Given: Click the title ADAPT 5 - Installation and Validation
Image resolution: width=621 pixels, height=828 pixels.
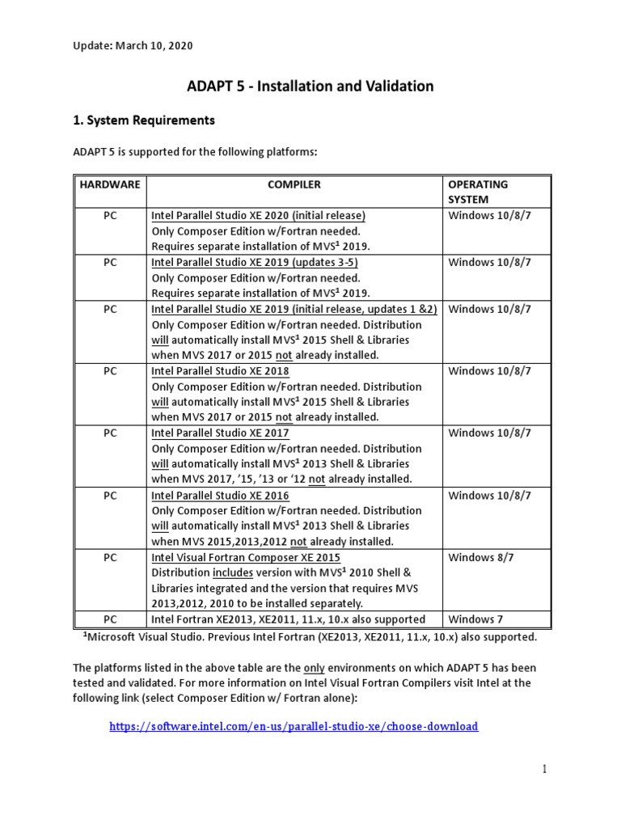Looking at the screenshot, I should tap(310, 86).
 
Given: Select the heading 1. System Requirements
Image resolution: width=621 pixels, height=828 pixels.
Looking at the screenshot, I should tap(144, 120).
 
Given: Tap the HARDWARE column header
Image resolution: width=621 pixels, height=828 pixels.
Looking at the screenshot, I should tap(110, 184).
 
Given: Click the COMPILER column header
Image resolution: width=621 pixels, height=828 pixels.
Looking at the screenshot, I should tap(294, 184).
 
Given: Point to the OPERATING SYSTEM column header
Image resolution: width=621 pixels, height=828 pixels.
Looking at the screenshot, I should tap(478, 192).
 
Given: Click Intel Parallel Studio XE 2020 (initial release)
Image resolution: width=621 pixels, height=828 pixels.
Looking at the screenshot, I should tap(259, 216).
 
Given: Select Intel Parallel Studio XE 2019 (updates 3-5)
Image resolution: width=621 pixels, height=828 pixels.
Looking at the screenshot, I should tap(255, 263).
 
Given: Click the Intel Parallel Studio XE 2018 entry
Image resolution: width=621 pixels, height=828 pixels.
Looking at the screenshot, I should tap(220, 371).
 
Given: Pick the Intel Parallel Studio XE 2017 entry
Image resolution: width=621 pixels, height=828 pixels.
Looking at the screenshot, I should tap(220, 433).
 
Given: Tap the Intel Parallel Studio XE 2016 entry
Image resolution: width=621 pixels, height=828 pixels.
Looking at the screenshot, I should tap(220, 496).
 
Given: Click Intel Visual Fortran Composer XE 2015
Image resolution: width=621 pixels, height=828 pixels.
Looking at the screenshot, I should tap(246, 558).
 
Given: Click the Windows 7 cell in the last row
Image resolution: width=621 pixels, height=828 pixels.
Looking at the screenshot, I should tap(475, 619).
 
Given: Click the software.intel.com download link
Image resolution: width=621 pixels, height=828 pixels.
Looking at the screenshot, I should tap(294, 726).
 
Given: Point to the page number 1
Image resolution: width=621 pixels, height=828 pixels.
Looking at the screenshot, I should tap(545, 769).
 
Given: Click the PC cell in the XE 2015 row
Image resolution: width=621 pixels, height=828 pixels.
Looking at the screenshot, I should tap(110, 558).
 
